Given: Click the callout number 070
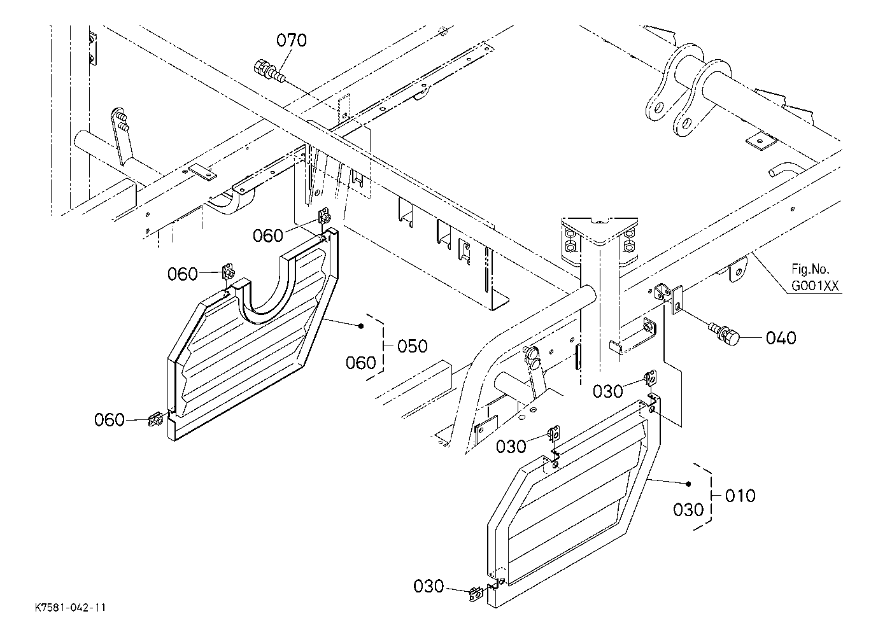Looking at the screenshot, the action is (291, 40).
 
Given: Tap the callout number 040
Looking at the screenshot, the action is (781, 338).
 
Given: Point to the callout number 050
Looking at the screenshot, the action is (413, 346).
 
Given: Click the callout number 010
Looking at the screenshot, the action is (740, 496).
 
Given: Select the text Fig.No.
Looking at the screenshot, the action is (810, 270).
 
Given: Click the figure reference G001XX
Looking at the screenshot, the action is (815, 286).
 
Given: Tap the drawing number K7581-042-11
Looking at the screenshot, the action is (71, 608).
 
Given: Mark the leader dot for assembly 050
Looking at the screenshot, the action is (361, 326).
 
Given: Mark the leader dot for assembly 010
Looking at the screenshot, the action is (689, 484).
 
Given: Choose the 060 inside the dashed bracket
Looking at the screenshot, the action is (360, 363).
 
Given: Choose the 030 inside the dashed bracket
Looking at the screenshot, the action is (688, 510).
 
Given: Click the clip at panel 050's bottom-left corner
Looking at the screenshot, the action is (156, 420).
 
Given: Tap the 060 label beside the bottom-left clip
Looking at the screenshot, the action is (110, 420).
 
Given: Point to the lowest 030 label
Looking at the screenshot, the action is (428, 587).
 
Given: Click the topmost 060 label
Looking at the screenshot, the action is (267, 236).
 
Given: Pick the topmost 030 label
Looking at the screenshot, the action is (607, 391).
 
